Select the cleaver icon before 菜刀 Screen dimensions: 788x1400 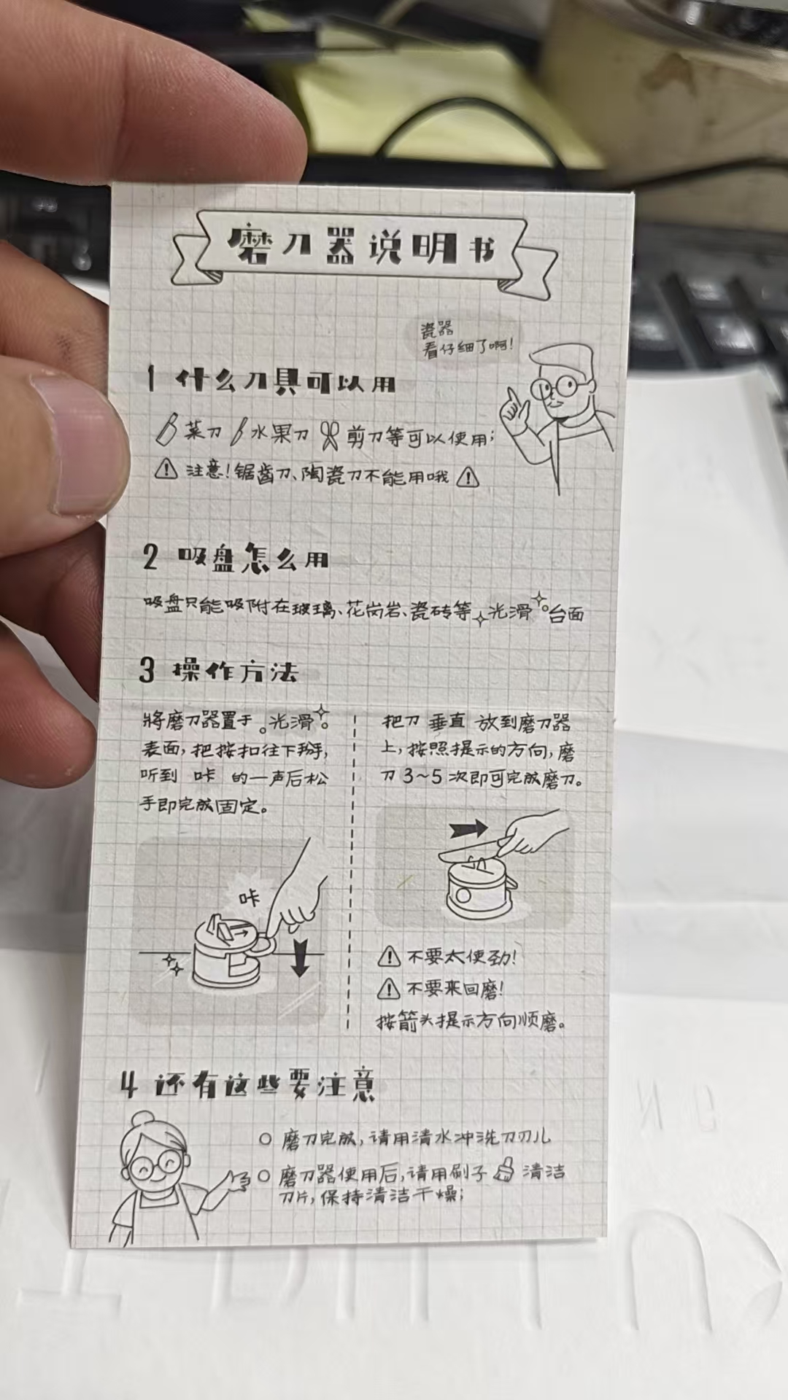pos(167,428)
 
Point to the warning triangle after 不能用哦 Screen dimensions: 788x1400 pos(468,477)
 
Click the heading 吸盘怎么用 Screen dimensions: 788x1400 pos(252,558)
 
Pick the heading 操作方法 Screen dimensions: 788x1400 pos(234,670)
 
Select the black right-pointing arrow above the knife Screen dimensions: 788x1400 pos(468,829)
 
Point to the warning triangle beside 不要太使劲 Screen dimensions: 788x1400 pos(389,956)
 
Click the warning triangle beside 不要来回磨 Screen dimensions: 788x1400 pos(388,988)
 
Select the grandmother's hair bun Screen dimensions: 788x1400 pos(142,1119)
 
